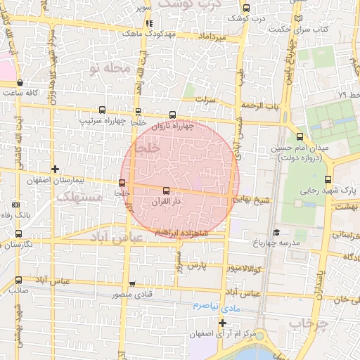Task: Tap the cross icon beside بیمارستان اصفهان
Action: click(x=56, y=169)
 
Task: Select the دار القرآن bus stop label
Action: click(x=167, y=202)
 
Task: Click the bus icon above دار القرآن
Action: click(x=166, y=191)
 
